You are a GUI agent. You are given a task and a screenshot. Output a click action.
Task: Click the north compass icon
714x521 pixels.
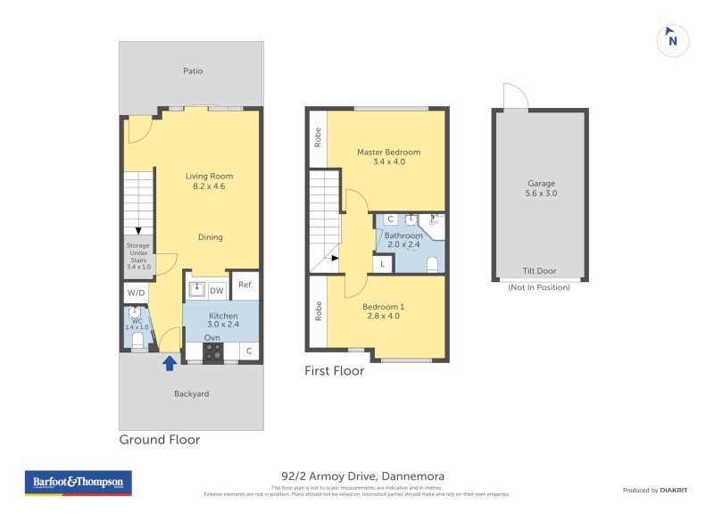point(672,40)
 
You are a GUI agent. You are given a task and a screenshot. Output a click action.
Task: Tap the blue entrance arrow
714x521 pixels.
point(170,362)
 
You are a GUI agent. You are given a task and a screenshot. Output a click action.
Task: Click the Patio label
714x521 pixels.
point(194,70)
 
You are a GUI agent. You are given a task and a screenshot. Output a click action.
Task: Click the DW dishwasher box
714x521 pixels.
point(216,290)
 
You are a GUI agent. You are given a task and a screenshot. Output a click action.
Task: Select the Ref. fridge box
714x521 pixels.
point(245,285)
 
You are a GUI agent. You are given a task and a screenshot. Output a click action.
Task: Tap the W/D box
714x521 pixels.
point(136,292)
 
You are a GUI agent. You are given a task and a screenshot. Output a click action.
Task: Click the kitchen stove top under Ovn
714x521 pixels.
point(212,351)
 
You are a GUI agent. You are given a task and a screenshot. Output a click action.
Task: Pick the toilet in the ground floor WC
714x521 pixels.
point(137,340)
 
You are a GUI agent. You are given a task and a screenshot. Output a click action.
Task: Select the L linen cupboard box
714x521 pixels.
point(383,263)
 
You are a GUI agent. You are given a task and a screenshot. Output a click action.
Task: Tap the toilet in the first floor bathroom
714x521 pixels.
point(432,264)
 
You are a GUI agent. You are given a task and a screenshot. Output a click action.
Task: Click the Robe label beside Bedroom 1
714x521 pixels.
point(318,310)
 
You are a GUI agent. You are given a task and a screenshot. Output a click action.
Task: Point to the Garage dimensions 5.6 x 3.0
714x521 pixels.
point(541,193)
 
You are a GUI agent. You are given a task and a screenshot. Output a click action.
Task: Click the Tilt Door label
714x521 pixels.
point(539,271)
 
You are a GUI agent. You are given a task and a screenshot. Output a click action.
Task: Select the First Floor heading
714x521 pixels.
point(335,370)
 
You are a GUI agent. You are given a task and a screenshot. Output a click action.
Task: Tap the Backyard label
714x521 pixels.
point(191,393)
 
